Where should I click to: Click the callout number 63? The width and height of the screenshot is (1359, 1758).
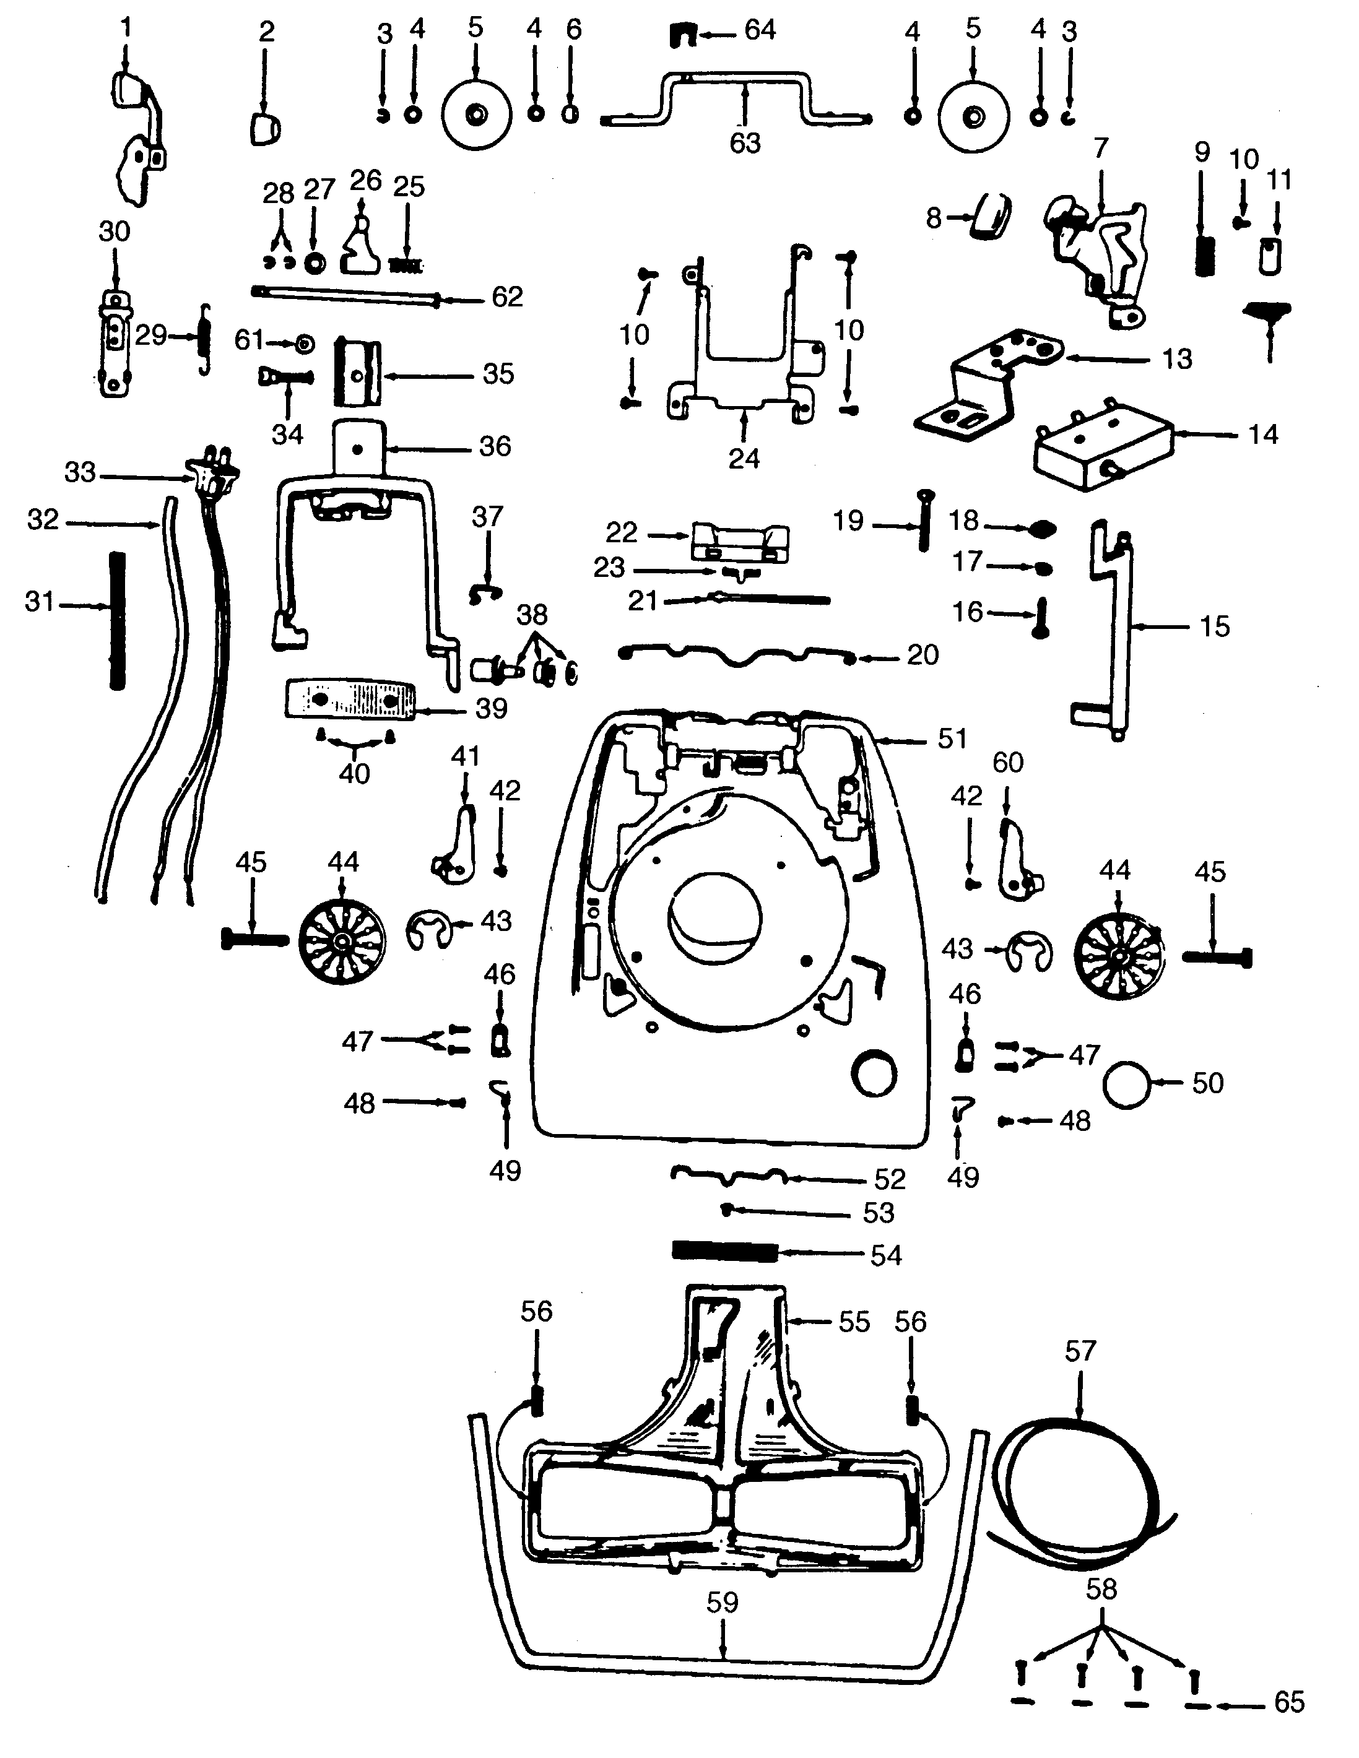click(745, 142)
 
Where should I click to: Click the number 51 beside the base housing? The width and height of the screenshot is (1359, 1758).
click(952, 738)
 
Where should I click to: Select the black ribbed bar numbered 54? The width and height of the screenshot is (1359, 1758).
click(724, 1252)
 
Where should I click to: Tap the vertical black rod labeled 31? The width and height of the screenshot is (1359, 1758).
click(118, 620)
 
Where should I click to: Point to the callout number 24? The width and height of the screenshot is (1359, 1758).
click(744, 459)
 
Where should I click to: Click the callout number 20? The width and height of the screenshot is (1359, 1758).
click(923, 654)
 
